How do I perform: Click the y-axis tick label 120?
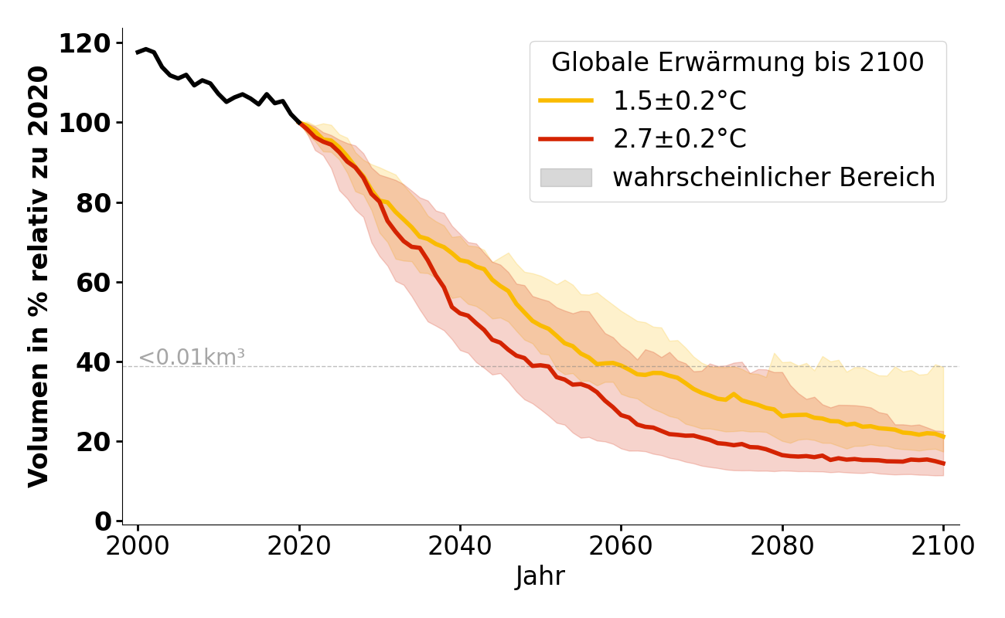tap(85, 43)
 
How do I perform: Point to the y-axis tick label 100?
tap(85, 123)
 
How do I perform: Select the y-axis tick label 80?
tap(94, 202)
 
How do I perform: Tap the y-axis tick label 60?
tap(94, 282)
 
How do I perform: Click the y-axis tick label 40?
tap(94, 362)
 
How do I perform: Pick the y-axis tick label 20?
tap(94, 442)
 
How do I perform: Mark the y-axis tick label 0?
tap(103, 521)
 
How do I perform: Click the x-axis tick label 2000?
tap(138, 545)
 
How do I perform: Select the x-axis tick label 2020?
tap(299, 545)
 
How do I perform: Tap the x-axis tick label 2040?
tap(460, 545)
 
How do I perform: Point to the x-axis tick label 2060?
tap(621, 545)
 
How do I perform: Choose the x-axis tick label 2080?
tap(782, 545)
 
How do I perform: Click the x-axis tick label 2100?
tap(943, 545)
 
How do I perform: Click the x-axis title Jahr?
tap(540, 576)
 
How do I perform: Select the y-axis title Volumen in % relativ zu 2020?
tap(39, 277)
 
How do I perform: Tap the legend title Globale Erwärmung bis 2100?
tap(738, 63)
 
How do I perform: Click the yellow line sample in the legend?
tap(566, 100)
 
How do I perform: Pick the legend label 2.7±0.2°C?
tap(680, 139)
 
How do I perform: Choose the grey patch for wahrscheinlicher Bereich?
tap(566, 178)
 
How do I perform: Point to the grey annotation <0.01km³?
tap(192, 358)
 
